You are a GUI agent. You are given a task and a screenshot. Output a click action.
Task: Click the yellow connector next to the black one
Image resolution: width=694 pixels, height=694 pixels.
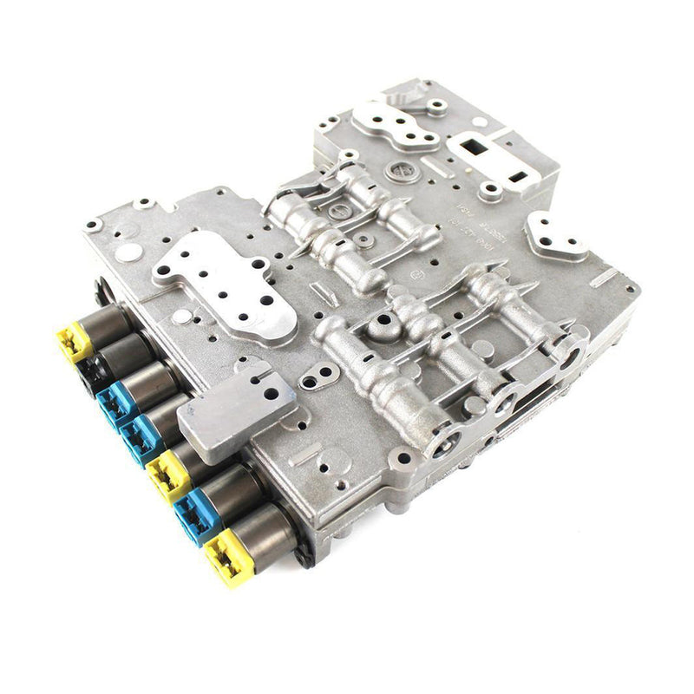75,342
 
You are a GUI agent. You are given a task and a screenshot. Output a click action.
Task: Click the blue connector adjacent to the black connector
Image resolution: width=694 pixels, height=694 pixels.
114,403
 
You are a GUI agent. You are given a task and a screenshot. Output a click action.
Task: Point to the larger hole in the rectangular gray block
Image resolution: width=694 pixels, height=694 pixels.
272,393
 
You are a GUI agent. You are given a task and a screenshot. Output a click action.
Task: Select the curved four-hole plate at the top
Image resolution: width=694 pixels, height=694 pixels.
400,126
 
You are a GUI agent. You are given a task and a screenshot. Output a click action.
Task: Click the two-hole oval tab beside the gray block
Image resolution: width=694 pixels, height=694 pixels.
319,376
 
